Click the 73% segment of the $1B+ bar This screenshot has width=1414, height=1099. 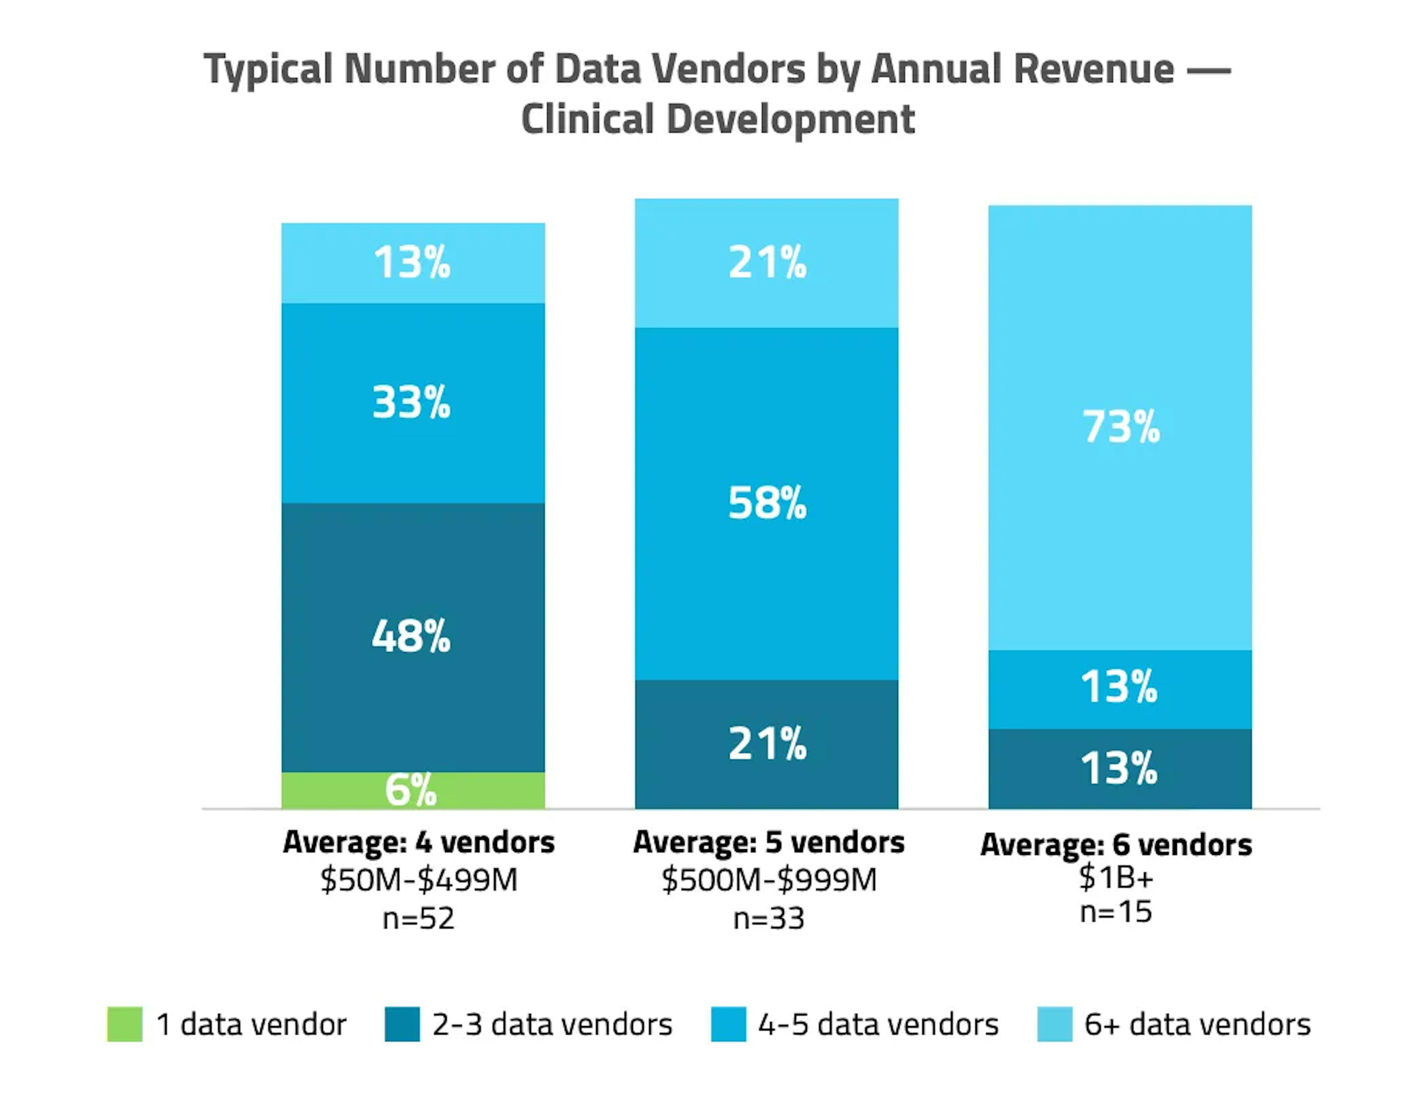coord(1120,427)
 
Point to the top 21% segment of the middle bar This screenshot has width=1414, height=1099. coord(767,263)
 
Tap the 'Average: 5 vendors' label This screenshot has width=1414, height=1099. coord(768,843)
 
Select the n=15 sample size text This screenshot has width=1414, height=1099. coord(1116,912)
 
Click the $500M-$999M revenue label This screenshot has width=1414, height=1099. coord(768,880)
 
